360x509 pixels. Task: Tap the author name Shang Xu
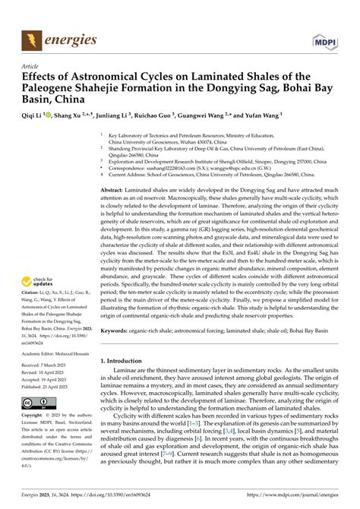73,115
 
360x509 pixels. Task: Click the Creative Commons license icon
37,403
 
